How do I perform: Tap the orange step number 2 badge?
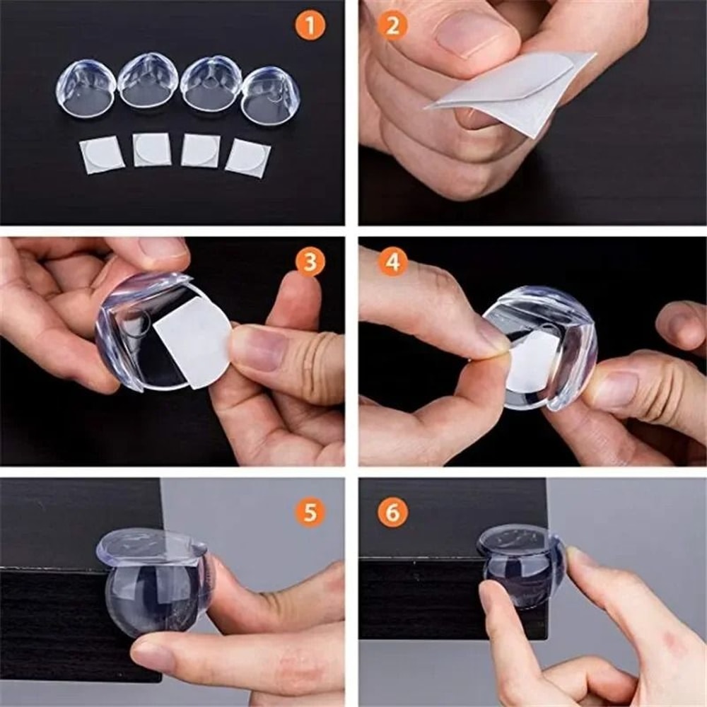tap(393, 26)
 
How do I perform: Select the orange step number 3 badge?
tap(310, 262)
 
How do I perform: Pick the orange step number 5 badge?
tap(310, 511)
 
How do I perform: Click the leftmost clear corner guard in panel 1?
tap(86, 88)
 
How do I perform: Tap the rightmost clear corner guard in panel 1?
tap(270, 95)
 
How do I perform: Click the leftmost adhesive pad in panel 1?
tap(102, 155)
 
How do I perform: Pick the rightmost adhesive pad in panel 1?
tap(248, 158)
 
